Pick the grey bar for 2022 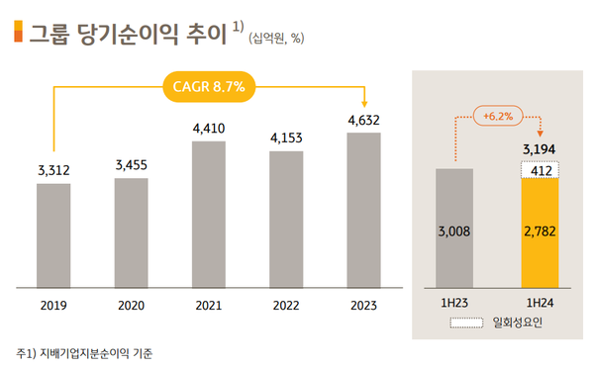[286, 221]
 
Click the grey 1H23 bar [454, 230]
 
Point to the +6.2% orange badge [499, 116]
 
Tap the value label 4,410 [210, 128]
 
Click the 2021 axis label [210, 305]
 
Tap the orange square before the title [17, 33]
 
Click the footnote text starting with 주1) [84, 353]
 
